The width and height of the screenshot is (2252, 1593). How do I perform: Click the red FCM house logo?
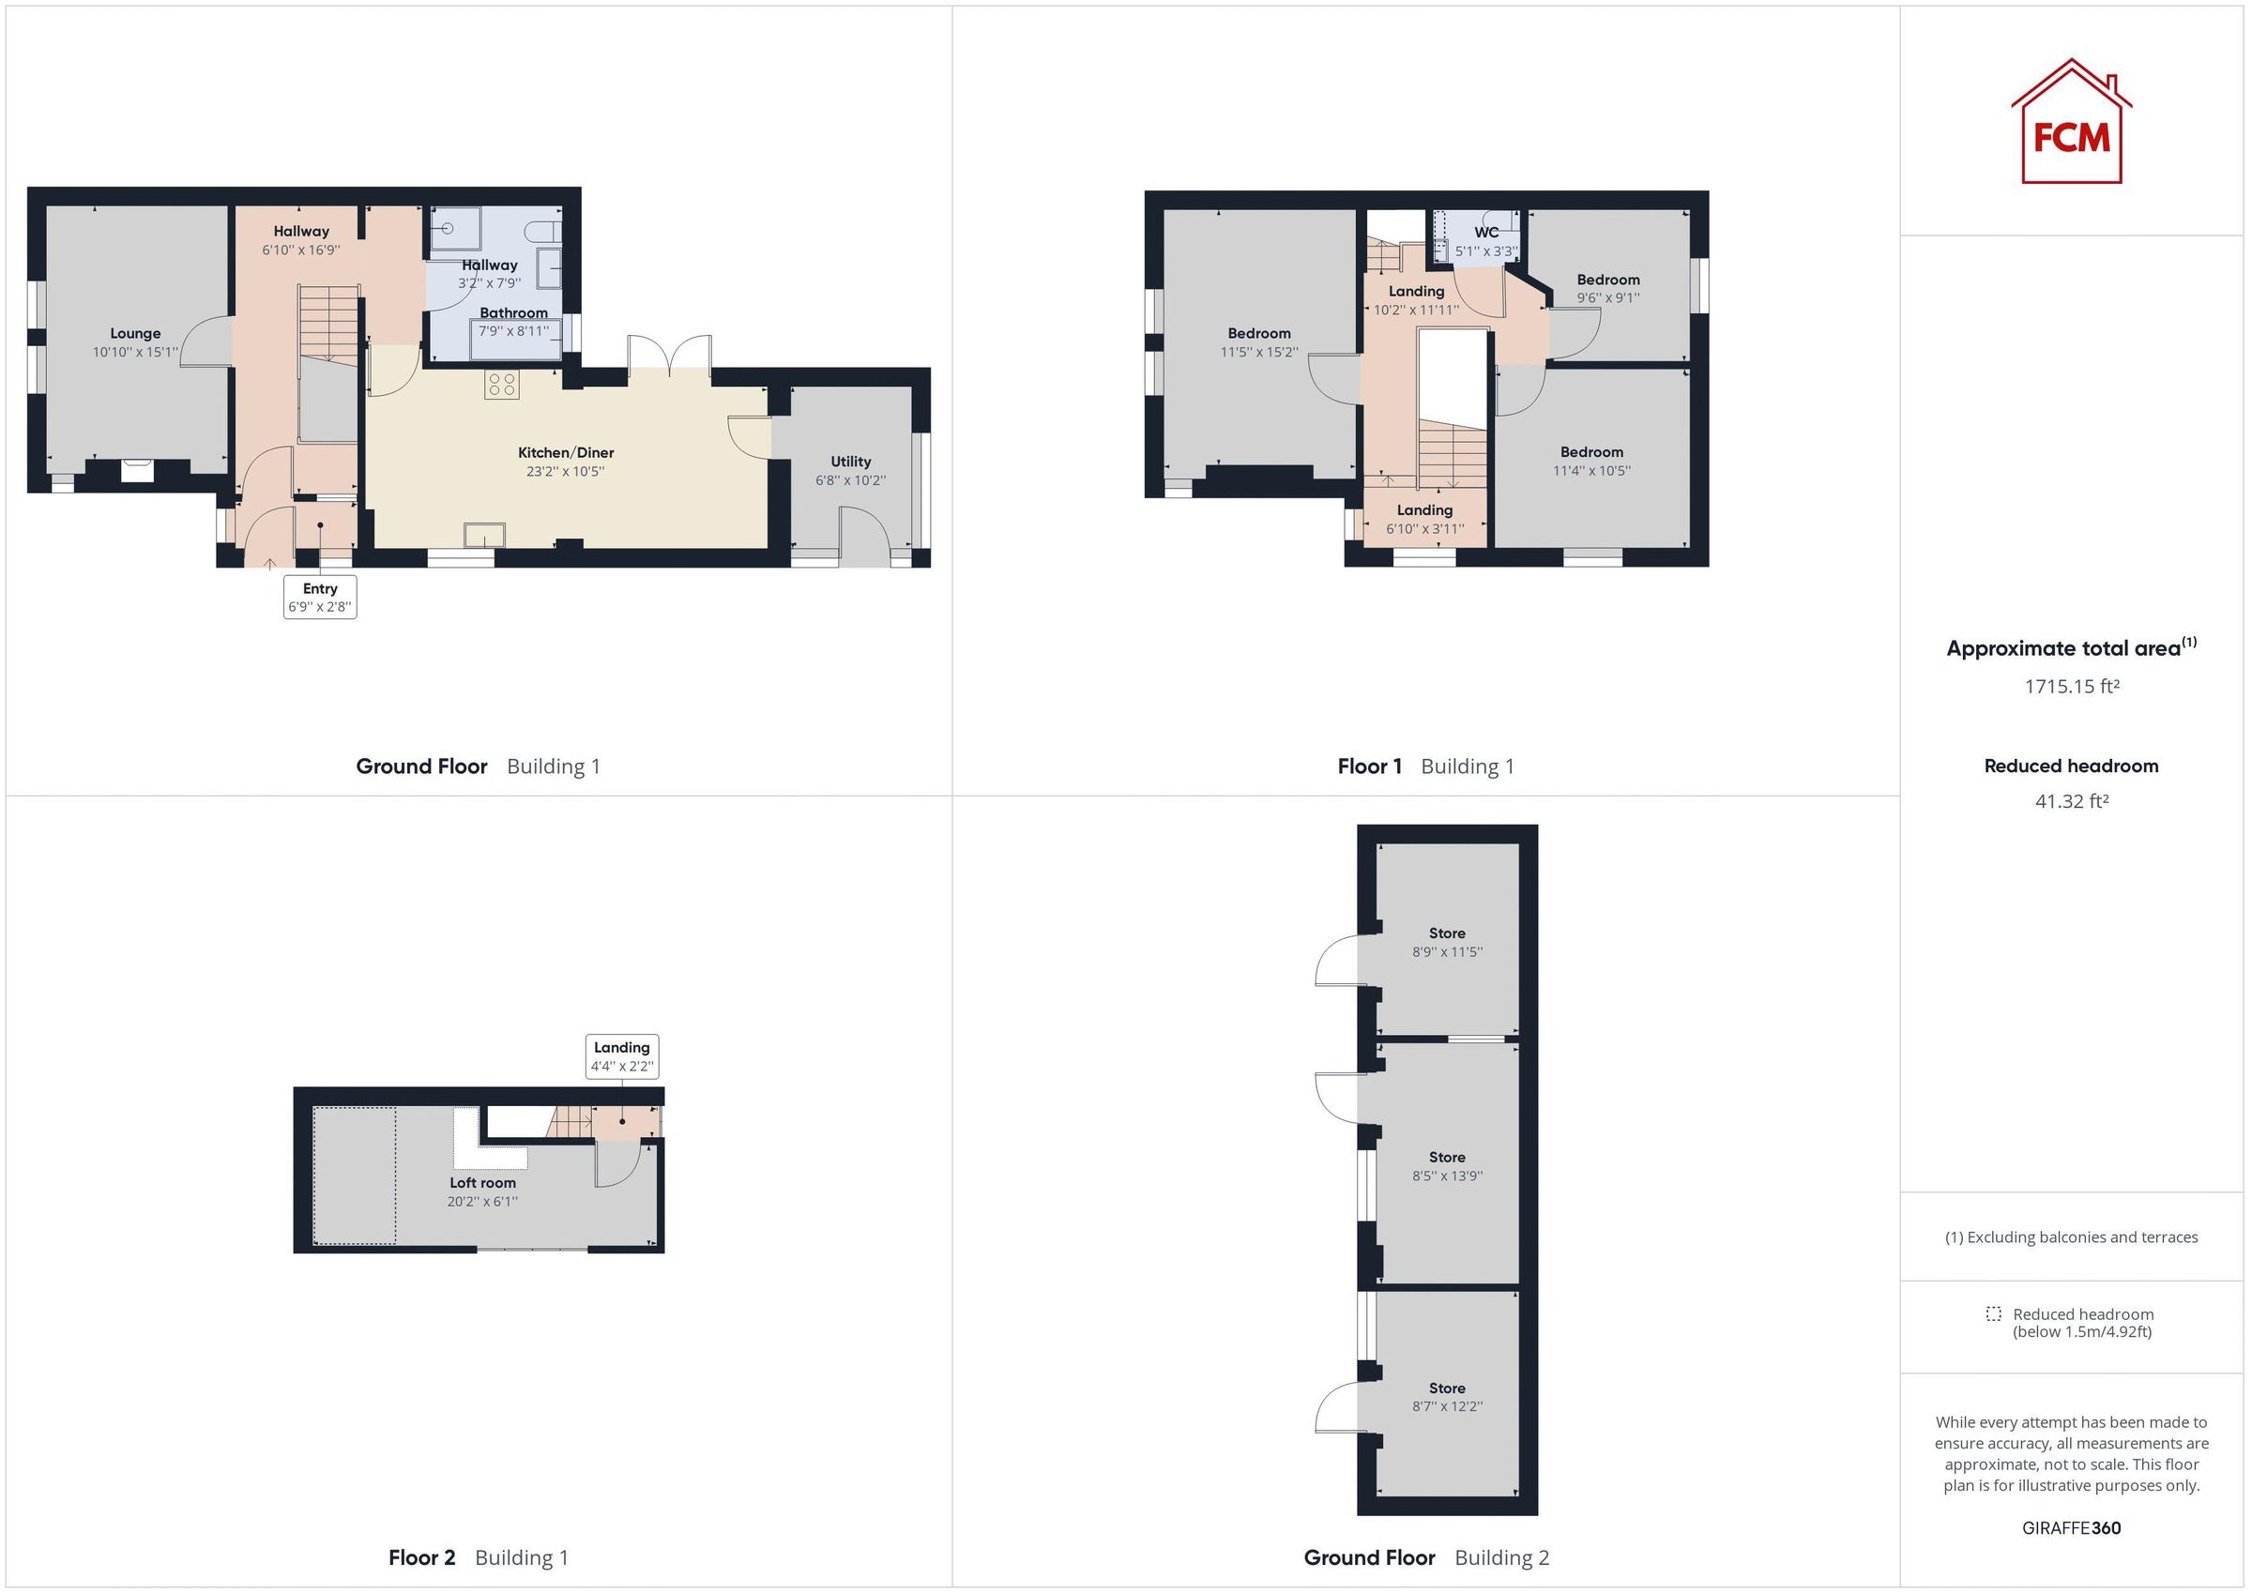tap(2071, 125)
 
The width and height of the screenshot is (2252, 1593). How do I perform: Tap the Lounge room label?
tap(135, 333)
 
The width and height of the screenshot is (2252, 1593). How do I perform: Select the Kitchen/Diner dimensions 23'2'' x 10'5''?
tap(565, 472)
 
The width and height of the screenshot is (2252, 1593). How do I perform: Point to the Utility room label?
tap(850, 461)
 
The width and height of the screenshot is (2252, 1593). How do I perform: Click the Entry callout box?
tap(320, 598)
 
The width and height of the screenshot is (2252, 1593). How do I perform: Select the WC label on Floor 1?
tap(1486, 233)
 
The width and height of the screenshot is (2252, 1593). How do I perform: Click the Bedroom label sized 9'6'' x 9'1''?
tap(1607, 280)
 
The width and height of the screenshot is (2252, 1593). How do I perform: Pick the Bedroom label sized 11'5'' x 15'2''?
tap(1258, 333)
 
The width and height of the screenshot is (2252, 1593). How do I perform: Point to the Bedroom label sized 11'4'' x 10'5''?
tap(1590, 452)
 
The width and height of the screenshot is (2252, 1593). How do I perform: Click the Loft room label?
tap(482, 1183)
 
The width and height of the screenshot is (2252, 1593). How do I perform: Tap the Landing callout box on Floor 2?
tap(622, 1056)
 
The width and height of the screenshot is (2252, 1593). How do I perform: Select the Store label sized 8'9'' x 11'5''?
tap(1447, 933)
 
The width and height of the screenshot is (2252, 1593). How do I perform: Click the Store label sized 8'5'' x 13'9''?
tap(1447, 1158)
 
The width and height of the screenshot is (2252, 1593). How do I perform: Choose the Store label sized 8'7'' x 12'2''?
tap(1447, 1388)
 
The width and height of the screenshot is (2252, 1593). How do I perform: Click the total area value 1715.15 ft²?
tap(2072, 687)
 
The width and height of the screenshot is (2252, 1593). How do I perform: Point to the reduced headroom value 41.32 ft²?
tap(2072, 801)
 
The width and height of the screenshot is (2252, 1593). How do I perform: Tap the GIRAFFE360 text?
tap(2071, 1527)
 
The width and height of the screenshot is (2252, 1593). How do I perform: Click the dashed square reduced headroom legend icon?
tap(1993, 1314)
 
